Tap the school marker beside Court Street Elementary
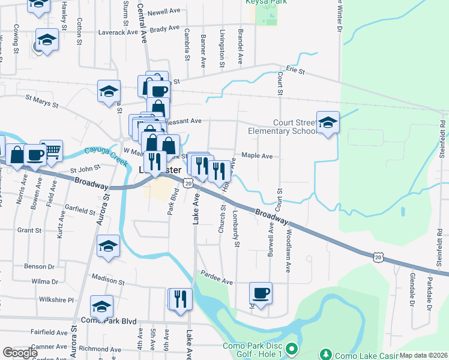[x=328, y=122]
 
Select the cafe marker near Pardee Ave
[x=261, y=293]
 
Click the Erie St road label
[x=296, y=71]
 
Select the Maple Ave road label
[x=257, y=156]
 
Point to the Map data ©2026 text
[x=423, y=355]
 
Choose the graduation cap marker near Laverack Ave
[x=47, y=40]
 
